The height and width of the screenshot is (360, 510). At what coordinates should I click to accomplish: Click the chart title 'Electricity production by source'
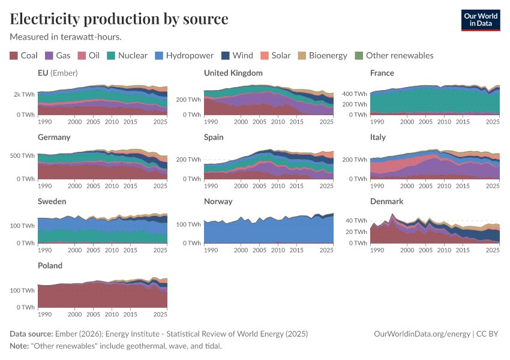pos(119,19)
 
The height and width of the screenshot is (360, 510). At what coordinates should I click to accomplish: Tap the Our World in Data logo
pos(480,19)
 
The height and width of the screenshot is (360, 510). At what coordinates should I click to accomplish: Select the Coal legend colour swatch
pos(14,56)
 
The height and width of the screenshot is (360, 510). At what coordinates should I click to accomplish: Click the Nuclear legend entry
pos(127,56)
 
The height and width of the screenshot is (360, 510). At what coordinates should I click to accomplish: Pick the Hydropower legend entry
pos(184,56)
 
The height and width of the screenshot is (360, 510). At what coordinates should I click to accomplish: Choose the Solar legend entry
pos(275,56)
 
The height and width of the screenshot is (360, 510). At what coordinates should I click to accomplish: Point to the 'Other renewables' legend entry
pos(394,56)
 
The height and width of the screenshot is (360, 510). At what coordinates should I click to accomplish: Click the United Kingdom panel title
pos(233,73)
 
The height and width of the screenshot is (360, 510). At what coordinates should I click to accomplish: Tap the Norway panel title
pos(218,202)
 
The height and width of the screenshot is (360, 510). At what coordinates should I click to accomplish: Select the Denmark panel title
pos(386,202)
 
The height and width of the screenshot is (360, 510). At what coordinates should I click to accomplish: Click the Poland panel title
pos(50,266)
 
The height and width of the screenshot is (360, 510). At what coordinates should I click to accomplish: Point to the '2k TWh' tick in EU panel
pos(25,94)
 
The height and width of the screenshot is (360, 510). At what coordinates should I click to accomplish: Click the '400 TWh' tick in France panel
pos(354,94)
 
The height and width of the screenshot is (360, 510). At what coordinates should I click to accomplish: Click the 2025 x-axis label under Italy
pos(492,186)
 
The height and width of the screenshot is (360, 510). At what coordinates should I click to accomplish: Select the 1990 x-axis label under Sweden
pos(44,250)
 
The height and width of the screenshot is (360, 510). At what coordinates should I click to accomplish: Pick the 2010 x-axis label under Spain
pos(278,186)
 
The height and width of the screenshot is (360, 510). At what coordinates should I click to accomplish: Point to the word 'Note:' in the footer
pos(20,346)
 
